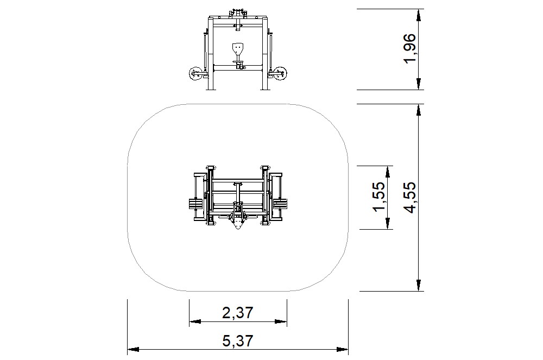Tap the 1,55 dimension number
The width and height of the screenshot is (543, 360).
379,196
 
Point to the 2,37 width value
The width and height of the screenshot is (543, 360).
238,313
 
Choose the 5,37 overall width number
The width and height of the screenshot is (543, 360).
238,341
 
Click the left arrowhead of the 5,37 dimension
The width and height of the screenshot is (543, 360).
134,349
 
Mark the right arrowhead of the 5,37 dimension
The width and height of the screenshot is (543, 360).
343,349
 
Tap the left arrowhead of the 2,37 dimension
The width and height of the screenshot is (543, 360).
195,321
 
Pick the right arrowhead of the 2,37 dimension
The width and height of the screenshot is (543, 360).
281,321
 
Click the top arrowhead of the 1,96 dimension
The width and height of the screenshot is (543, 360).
419,15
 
